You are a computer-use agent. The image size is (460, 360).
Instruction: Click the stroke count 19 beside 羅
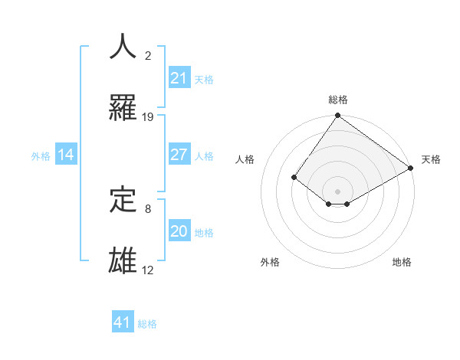(x=148, y=117)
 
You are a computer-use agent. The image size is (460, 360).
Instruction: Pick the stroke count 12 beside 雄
(x=148, y=270)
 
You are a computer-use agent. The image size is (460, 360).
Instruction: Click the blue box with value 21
(x=179, y=77)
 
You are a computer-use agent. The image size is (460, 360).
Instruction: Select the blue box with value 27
(x=179, y=155)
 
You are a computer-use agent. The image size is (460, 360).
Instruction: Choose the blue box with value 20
(x=179, y=231)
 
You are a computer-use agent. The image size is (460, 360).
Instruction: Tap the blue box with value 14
(x=66, y=155)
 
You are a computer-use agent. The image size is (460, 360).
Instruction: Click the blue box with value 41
(x=123, y=322)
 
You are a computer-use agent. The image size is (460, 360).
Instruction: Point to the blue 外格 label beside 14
(x=41, y=155)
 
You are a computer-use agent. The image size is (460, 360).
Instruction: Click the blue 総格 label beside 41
(x=147, y=324)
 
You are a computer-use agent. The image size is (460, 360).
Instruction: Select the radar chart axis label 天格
(x=431, y=159)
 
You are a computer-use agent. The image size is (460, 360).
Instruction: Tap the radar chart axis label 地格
(x=402, y=262)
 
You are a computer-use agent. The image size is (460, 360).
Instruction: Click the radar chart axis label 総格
(x=338, y=100)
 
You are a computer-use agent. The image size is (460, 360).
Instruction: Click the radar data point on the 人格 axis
(x=294, y=177)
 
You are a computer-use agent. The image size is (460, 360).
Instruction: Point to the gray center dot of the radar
(x=338, y=191)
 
